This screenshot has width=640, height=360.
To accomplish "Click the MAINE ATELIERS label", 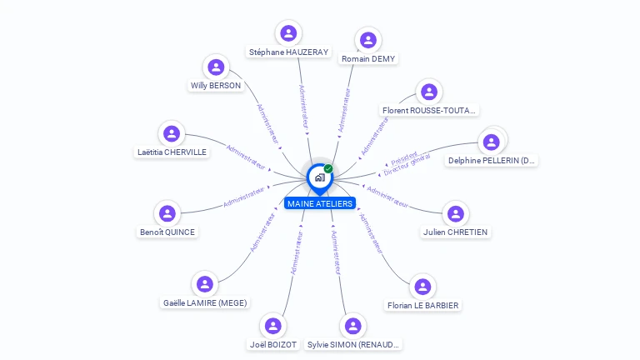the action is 320,203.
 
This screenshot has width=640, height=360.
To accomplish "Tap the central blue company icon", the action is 319,177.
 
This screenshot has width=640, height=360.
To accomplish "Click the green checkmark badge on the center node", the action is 328,169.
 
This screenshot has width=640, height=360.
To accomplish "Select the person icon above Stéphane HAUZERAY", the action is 288,33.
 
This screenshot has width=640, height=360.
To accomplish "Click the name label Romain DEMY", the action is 368,59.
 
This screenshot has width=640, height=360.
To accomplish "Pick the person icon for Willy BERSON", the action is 216,67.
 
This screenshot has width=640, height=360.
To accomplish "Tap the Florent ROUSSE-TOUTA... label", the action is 428,110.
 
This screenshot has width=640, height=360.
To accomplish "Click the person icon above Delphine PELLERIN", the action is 492,142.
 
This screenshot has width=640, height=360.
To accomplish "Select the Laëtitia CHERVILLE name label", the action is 172,152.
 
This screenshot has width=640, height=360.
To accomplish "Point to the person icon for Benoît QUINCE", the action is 167,213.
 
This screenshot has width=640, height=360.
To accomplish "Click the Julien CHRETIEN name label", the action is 455,232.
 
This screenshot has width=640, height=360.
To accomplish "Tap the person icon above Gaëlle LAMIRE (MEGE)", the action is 205,284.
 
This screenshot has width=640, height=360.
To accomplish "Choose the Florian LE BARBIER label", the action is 423,305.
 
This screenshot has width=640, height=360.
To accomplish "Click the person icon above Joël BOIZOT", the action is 272,326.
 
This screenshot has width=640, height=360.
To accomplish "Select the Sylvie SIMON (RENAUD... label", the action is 353,344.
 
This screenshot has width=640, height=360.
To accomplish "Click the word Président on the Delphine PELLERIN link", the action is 404,157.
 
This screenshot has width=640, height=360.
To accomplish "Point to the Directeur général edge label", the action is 407,166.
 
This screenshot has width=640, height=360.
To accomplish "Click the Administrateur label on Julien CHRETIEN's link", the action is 387,197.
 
